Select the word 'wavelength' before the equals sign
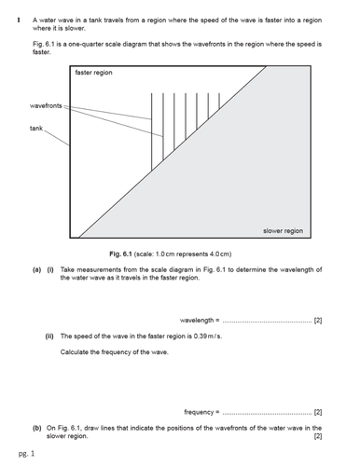tap(197, 320)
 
